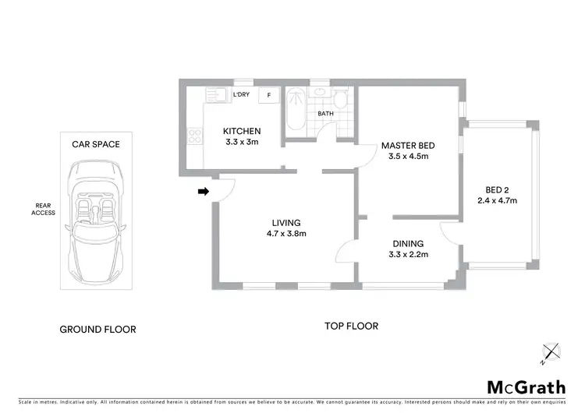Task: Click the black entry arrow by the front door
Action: pyautogui.click(x=204, y=191)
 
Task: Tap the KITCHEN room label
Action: pyautogui.click(x=242, y=131)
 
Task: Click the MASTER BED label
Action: pyautogui.click(x=407, y=146)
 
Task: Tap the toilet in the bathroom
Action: pyautogui.click(x=341, y=101)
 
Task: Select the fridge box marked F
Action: pyautogui.click(x=269, y=95)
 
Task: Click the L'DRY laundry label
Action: pyautogui.click(x=241, y=95)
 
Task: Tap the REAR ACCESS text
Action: pyautogui.click(x=44, y=209)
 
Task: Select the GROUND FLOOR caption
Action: pyautogui.click(x=97, y=330)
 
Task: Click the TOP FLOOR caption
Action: pyautogui.click(x=351, y=327)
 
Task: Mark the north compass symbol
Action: pyautogui.click(x=551, y=353)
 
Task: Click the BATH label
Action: pyautogui.click(x=325, y=115)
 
